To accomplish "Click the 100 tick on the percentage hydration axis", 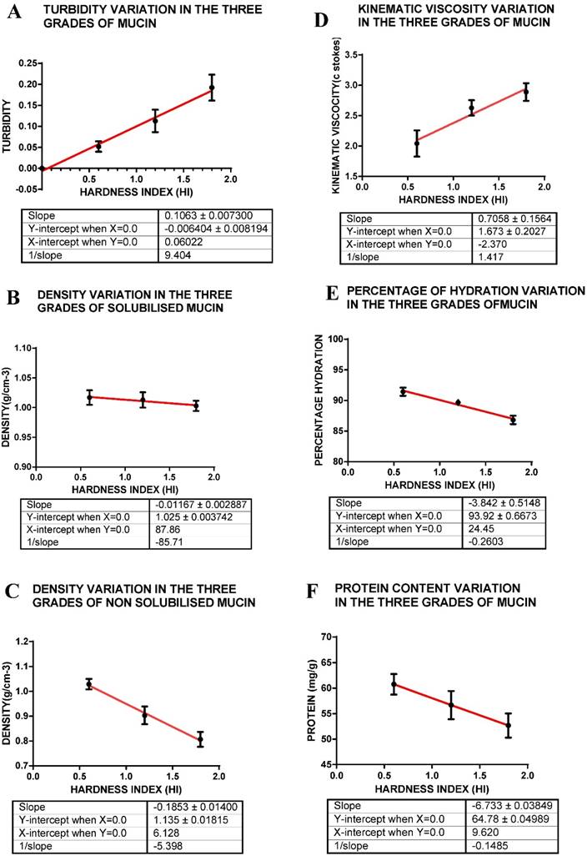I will coord(338,340).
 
